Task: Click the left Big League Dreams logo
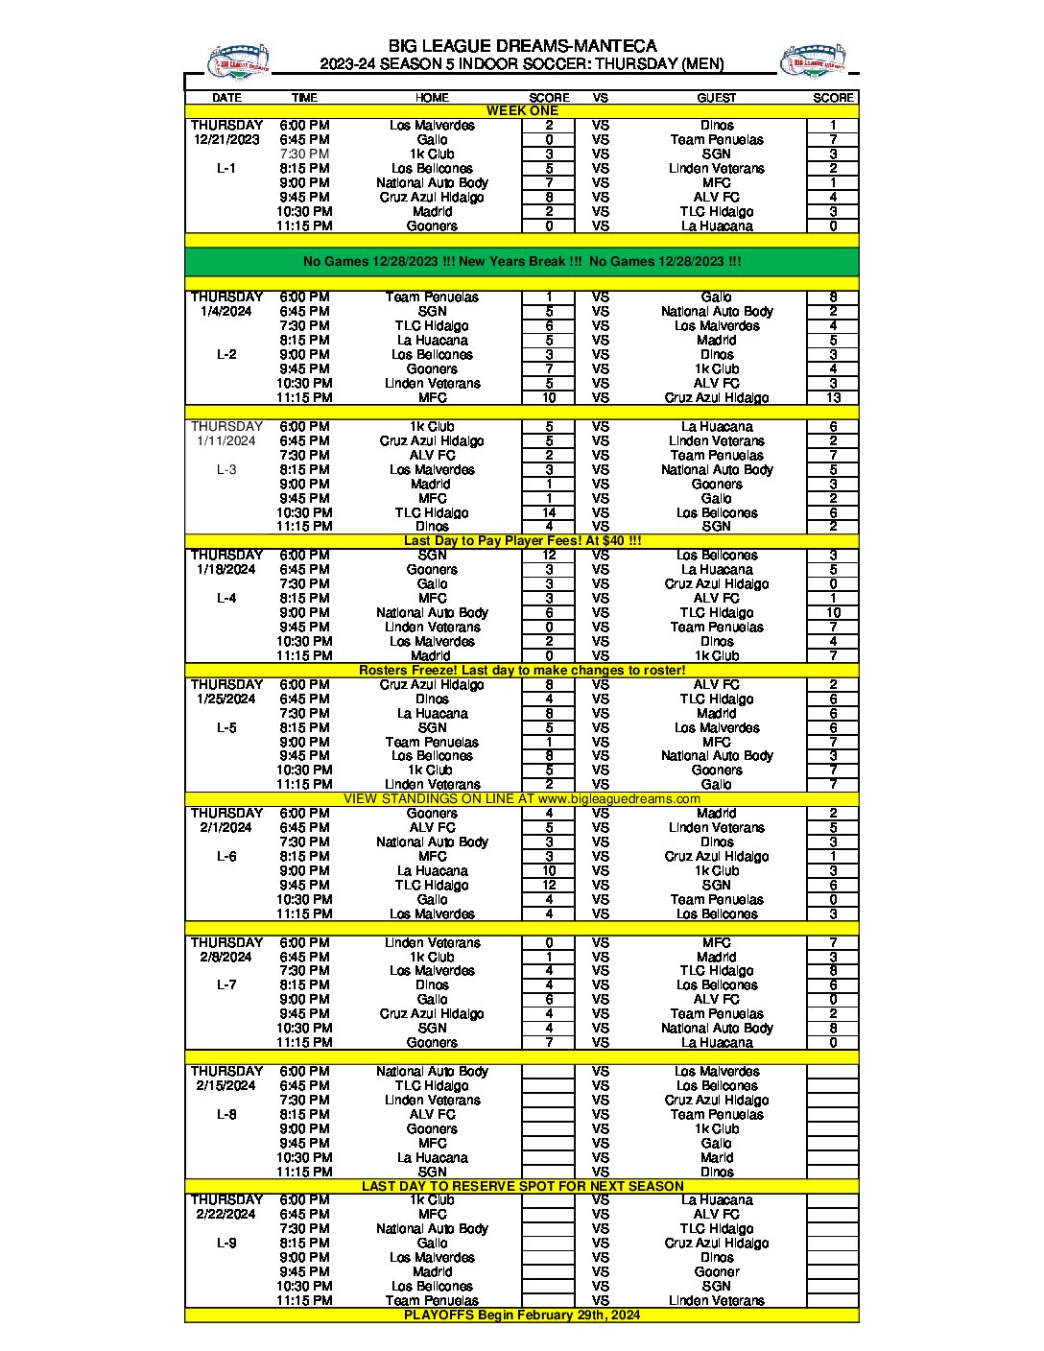[x=238, y=62]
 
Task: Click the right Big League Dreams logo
[x=813, y=62]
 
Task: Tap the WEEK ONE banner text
[x=522, y=111]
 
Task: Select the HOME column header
[x=432, y=98]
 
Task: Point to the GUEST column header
[x=717, y=98]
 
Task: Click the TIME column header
[x=304, y=98]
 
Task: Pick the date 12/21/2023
[x=226, y=139]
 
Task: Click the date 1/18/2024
[x=226, y=569]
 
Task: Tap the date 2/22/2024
[x=226, y=1214]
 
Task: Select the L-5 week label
[x=226, y=727]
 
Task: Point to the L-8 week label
[x=226, y=1114]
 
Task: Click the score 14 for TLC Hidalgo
[x=549, y=512]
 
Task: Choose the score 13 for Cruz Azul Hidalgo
[x=833, y=397]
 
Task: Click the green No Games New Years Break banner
[x=522, y=261]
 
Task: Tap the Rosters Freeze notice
[x=522, y=670]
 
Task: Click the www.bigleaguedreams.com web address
[x=619, y=798]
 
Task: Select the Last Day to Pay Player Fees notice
[x=522, y=540]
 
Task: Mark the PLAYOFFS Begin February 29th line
[x=522, y=1315]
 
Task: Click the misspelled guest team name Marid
[x=717, y=1157]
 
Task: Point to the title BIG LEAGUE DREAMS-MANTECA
[x=522, y=46]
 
